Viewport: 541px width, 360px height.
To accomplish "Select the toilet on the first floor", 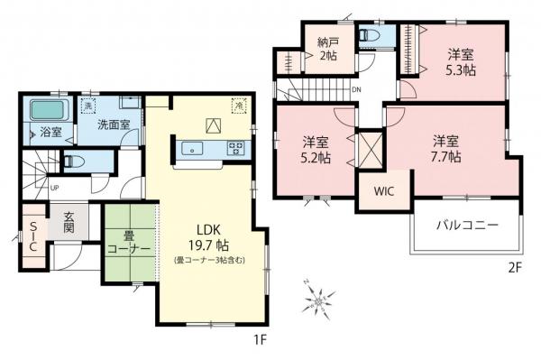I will (77, 162).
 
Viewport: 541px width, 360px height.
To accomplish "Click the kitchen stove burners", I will (237, 148).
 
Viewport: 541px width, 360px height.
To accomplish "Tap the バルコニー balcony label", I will (466, 225).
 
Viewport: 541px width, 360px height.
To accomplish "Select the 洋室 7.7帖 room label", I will (446, 147).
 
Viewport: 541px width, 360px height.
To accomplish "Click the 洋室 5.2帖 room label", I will (316, 149).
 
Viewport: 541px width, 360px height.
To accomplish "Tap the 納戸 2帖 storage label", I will (327, 47).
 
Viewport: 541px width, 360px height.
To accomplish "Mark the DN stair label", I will (356, 90).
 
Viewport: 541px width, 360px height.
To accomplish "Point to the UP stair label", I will (55, 188).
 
